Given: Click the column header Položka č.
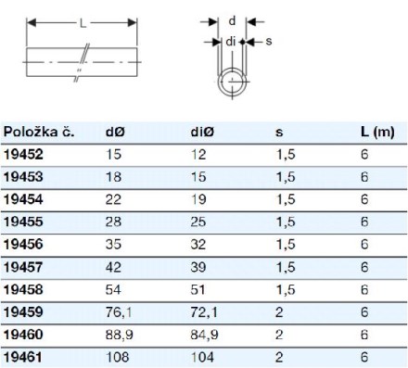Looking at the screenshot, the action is coord(39,133).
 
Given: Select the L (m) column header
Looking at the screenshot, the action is coord(377,133).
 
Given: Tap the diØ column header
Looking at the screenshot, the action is coord(202,133).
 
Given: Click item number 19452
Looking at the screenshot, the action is coord(23,155).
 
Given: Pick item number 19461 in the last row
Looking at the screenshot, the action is coord(22,357).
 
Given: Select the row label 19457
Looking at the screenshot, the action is coord(23,267).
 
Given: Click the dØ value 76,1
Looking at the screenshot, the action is coord(119,312).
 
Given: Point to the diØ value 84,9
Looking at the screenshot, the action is coord(204,335).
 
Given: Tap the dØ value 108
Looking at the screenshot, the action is coord(117,357).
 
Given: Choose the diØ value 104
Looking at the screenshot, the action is coord(202,357).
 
